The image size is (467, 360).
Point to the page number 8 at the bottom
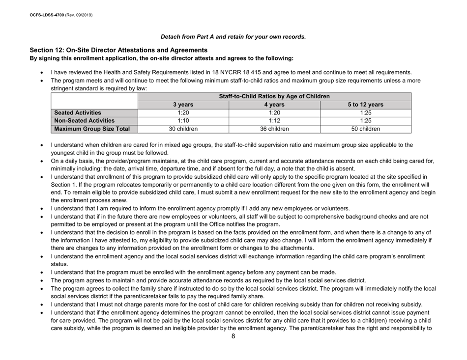tap(233, 350)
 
